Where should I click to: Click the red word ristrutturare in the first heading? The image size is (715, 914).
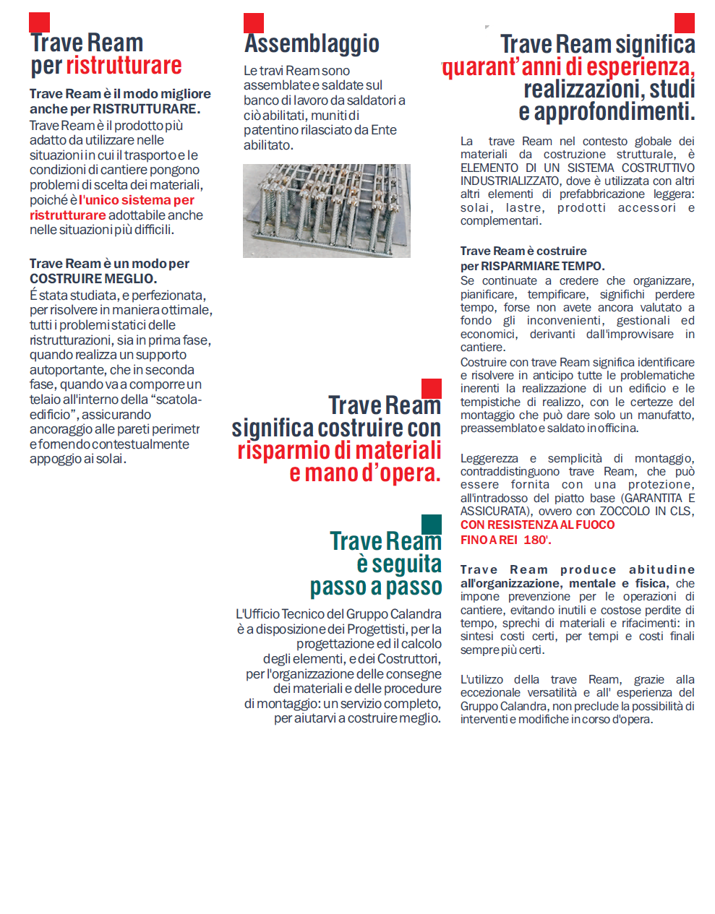click(x=124, y=66)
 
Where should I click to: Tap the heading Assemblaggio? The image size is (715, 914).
click(x=312, y=43)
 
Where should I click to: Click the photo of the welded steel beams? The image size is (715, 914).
click(x=326, y=210)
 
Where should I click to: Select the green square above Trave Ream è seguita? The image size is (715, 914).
click(x=431, y=525)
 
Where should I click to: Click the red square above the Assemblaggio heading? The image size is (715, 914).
click(x=254, y=23)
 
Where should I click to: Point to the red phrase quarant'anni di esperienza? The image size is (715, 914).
click(x=568, y=67)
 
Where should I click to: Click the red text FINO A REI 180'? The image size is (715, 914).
click(x=505, y=540)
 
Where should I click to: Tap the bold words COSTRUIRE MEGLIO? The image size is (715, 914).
click(x=93, y=279)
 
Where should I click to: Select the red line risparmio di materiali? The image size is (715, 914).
click(x=339, y=451)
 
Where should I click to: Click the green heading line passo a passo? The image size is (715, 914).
click(x=375, y=587)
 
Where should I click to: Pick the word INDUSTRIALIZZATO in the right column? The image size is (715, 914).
click(x=510, y=181)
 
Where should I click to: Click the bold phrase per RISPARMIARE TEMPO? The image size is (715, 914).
click(x=532, y=266)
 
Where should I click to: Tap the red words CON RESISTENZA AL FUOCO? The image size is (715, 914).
click(x=537, y=525)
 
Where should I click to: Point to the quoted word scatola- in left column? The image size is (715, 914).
click(x=176, y=400)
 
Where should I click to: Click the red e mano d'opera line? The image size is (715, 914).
click(x=364, y=473)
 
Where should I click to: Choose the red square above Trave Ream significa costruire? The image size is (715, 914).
click(x=431, y=389)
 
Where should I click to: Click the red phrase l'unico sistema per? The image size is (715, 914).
click(x=137, y=200)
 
